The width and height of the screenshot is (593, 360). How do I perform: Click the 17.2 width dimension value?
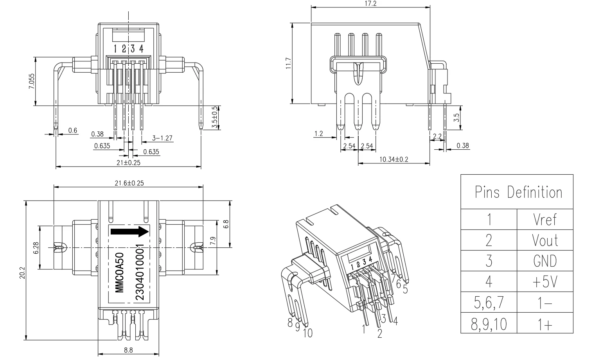370,4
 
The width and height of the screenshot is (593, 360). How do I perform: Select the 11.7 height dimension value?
288,63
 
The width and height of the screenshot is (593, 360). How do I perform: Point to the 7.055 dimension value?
32,81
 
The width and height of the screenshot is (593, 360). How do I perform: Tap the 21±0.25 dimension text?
128,162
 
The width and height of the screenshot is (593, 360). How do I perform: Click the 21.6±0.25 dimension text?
129,183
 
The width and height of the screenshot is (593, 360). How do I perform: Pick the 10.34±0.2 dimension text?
394,159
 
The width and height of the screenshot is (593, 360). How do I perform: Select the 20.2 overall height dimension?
22,273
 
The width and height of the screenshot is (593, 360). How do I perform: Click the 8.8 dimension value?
128,350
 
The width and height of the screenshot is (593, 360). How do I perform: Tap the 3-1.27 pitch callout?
162,138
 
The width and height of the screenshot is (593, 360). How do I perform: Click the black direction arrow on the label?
130,232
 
